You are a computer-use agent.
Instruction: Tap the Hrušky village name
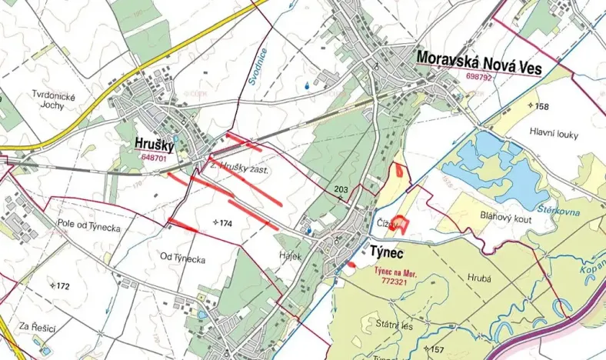pos(155,143)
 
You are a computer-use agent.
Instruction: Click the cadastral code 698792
pos(479,78)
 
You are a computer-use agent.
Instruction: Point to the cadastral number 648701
pos(154,157)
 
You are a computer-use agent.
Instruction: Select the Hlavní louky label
pos(553,133)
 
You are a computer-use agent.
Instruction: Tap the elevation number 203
pos(341,189)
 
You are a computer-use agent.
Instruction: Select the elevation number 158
pos(541,106)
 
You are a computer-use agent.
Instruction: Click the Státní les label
pos(395,325)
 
